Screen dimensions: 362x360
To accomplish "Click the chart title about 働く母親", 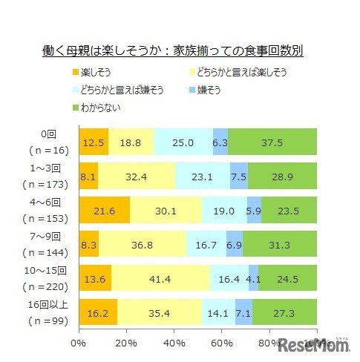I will [172, 52].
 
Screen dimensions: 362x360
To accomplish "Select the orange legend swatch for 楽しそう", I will [75, 72].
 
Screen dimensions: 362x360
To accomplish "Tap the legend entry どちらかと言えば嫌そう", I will [122, 90].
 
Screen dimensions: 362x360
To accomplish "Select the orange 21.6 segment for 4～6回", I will [103, 210].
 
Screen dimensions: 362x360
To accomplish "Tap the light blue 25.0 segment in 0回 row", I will [183, 142].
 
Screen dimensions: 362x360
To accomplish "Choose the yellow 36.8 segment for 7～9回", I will [142, 243].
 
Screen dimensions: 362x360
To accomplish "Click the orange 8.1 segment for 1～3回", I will [88, 176].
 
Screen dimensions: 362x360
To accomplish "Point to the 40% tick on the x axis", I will [174, 343].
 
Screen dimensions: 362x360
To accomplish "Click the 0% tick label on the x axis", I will [78, 343].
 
